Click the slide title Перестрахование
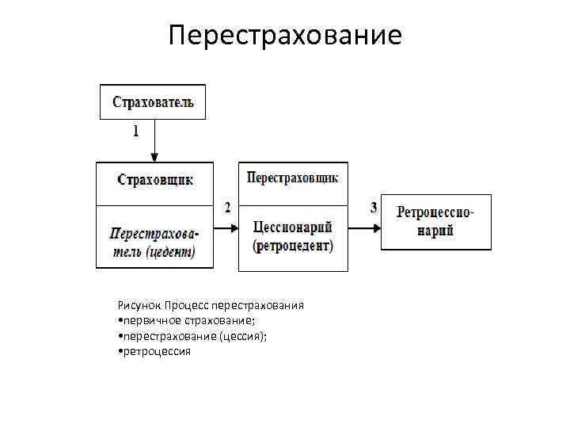pyautogui.click(x=285, y=36)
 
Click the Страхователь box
pyautogui.click(x=153, y=102)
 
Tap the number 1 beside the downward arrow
pyautogui.click(x=135, y=131)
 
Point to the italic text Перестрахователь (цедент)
pyautogui.click(x=154, y=243)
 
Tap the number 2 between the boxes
pyautogui.click(x=228, y=208)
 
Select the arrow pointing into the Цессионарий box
pyautogui.click(x=226, y=227)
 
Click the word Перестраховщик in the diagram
pyautogui.click(x=293, y=178)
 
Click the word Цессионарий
pyautogui.click(x=293, y=227)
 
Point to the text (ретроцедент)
pyautogui.click(x=293, y=246)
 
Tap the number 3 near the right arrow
pyautogui.click(x=374, y=208)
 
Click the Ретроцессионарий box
pyautogui.click(x=435, y=222)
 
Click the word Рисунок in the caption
pyautogui.click(x=138, y=305)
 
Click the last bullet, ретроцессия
pyautogui.click(x=154, y=350)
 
